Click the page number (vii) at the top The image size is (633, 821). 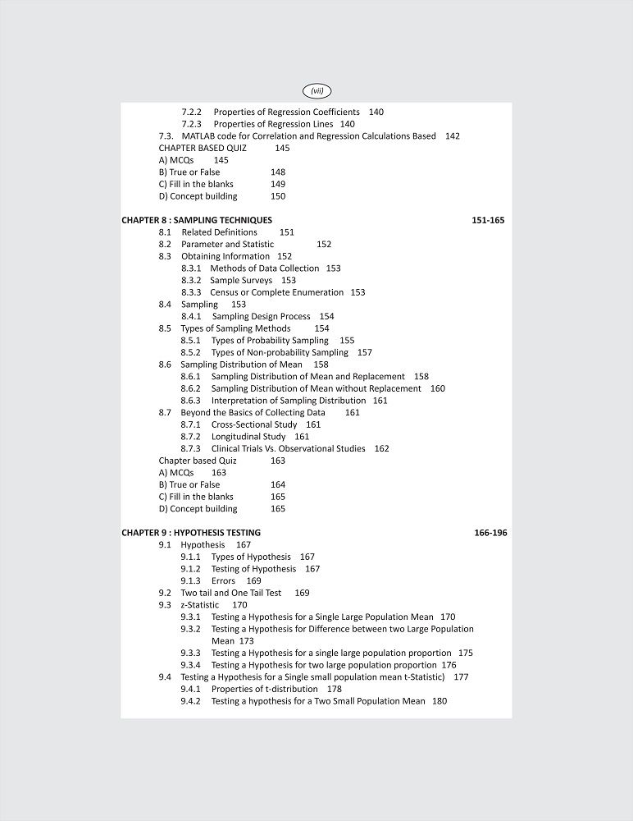point(317,91)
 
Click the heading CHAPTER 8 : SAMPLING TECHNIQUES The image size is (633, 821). point(197,220)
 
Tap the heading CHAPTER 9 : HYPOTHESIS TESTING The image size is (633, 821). point(191,533)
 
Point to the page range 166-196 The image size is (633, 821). point(490,533)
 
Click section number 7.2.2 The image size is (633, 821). point(191,112)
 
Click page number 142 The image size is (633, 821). point(452,136)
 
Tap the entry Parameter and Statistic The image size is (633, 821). point(227,244)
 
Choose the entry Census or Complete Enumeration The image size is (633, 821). point(276,292)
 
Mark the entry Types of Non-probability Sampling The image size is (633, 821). point(280,352)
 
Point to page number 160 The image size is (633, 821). point(438,388)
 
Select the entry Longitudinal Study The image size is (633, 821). point(248,437)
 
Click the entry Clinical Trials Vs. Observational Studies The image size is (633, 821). point(288,448)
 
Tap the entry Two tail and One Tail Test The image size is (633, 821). point(230,593)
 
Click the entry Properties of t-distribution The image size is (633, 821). point(264,689)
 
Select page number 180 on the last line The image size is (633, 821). point(439,701)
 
